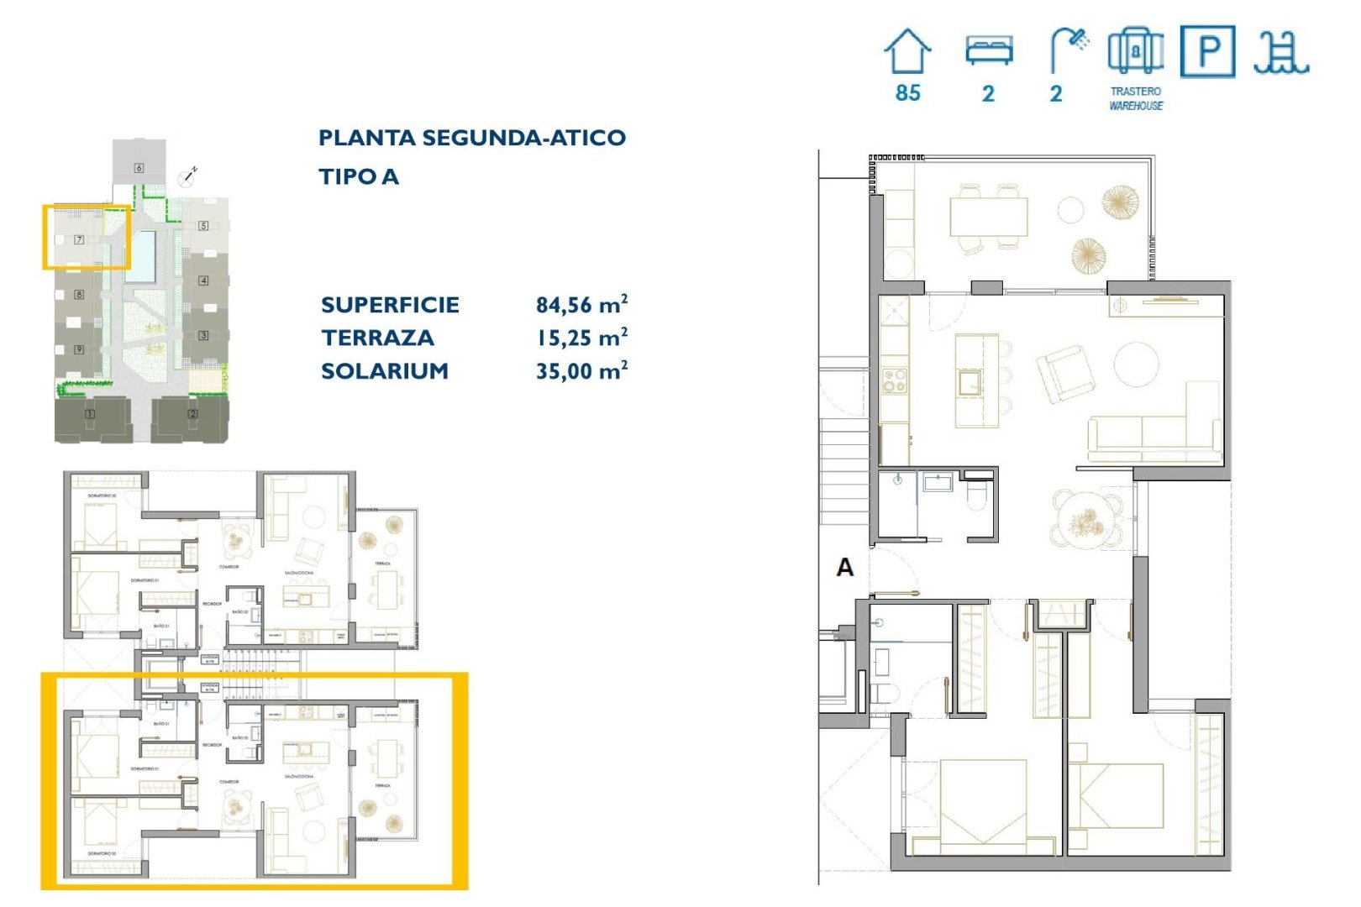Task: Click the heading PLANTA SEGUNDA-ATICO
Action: point(471,138)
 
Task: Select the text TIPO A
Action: point(359,176)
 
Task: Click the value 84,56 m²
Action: point(581,304)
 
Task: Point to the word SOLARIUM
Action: point(385,370)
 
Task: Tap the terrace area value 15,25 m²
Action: point(581,338)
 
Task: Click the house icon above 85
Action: point(907,51)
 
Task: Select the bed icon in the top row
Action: point(989,50)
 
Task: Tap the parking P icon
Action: point(1207,52)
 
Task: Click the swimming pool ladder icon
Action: point(1280,52)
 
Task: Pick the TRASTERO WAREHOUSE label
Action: point(1135,98)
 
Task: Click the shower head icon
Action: point(1069,49)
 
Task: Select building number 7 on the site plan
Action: point(79,239)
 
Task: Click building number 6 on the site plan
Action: point(139,168)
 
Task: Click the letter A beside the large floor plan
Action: point(844,568)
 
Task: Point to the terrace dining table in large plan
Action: point(988,217)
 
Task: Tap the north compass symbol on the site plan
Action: point(188,176)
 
